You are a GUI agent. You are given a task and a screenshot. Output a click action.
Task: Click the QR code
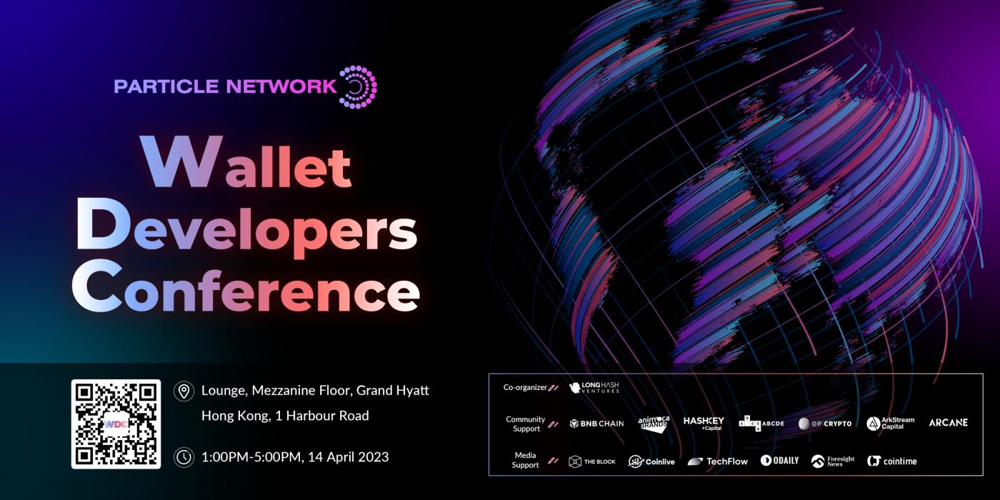click(x=116, y=424)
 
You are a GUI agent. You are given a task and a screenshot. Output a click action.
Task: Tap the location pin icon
click(x=184, y=391)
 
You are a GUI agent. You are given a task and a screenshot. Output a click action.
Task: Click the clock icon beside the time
click(x=184, y=457)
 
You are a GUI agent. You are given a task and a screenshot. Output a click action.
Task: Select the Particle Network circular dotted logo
click(x=359, y=87)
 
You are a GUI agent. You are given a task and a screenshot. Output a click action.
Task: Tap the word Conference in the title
click(x=246, y=286)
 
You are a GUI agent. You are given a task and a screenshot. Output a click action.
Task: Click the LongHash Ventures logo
click(x=594, y=387)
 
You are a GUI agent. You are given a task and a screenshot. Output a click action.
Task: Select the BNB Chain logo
click(x=597, y=424)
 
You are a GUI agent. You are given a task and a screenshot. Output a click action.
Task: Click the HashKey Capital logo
click(x=704, y=424)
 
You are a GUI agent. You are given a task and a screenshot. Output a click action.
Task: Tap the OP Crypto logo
click(x=825, y=424)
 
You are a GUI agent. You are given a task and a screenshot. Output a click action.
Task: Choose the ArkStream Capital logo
click(x=891, y=424)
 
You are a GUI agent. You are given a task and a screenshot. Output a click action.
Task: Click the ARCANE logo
click(x=949, y=423)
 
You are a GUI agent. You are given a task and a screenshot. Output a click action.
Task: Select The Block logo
click(x=592, y=461)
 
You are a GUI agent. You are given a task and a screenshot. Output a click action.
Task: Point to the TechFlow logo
click(x=717, y=461)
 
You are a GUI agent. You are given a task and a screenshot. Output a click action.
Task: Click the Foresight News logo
click(x=833, y=461)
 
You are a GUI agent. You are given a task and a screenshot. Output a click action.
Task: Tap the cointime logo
click(x=892, y=461)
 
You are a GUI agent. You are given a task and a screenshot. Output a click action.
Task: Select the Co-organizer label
click(x=525, y=387)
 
